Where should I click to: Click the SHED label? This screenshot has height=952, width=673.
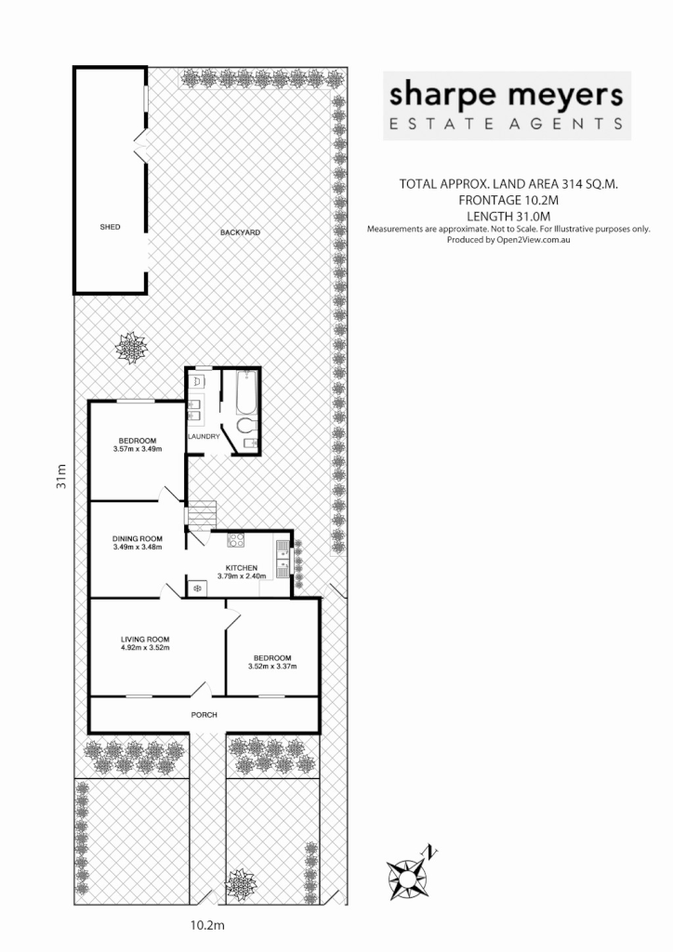(111, 227)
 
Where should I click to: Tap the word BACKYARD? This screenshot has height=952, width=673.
(239, 231)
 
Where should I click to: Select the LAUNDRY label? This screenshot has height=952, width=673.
(203, 436)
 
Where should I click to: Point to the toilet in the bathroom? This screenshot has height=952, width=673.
(244, 427)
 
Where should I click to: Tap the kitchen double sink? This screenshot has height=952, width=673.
(281, 559)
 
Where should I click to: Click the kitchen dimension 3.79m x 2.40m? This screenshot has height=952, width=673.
(242, 576)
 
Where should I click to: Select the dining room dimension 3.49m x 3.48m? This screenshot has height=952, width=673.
(138, 547)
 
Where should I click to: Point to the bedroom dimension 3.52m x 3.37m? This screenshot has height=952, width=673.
(271, 666)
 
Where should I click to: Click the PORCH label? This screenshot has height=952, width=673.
(204, 715)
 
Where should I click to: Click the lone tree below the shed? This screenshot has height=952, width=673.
(131, 348)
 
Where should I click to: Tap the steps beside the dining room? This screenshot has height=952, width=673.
(202, 512)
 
